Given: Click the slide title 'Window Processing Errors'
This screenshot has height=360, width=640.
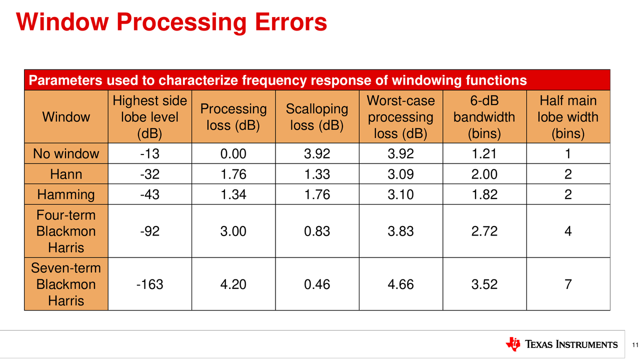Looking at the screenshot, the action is [171, 22].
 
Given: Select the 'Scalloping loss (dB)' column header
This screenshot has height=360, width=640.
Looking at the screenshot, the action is [317, 117].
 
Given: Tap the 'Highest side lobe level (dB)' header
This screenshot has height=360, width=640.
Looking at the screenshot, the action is [149, 117].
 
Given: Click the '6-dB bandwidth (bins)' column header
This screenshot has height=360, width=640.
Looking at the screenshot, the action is [484, 117].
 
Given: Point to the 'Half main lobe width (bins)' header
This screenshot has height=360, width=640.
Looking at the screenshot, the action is [568, 117].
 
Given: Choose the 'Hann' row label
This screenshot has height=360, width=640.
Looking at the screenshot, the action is [66, 174].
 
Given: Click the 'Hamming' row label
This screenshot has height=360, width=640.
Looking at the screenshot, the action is [66, 194].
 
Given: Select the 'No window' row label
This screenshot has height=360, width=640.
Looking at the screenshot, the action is [66, 153].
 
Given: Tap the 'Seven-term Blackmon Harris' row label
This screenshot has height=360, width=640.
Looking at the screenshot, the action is [66, 284].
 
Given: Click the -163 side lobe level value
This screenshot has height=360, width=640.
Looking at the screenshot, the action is [149, 284].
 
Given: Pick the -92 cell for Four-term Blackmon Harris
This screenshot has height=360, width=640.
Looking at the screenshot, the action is [149, 231].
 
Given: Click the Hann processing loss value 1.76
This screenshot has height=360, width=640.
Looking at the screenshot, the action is [233, 174].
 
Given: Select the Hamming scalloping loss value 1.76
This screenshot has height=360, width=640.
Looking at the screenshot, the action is [317, 194].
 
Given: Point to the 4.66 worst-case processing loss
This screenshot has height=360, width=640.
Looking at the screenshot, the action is [400, 284].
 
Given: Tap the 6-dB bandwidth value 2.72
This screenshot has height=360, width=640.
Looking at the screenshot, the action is [484, 231].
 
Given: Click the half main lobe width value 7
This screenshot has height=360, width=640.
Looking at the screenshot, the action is [568, 284].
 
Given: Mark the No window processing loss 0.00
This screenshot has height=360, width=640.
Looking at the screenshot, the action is [233, 153].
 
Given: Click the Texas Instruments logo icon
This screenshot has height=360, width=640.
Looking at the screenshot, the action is [513, 344].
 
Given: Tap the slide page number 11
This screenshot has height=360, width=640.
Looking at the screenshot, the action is [635, 345].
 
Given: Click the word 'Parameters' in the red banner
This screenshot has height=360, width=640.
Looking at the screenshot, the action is [65, 80].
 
